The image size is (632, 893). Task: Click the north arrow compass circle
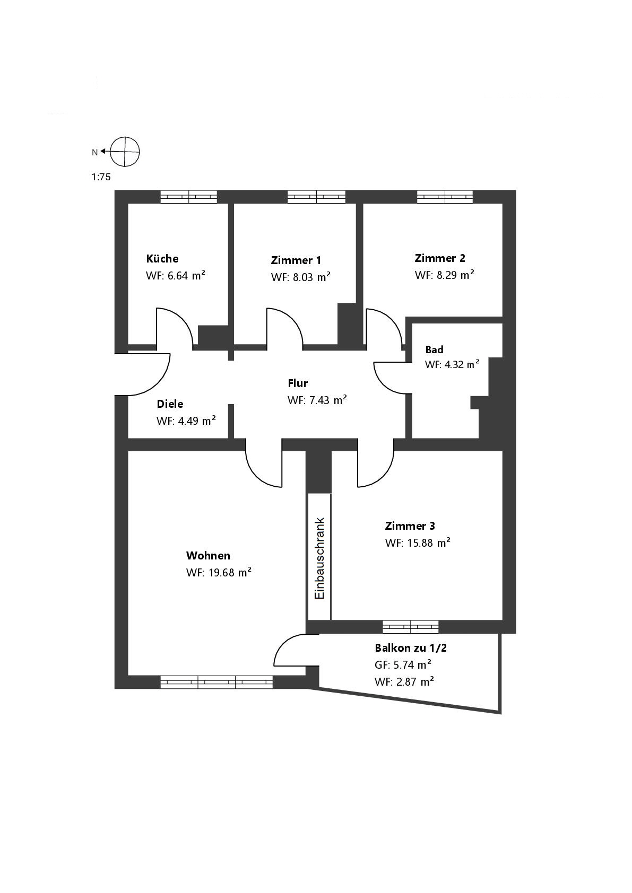pyautogui.click(x=125, y=152)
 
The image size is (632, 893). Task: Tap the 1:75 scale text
pyautogui.click(x=101, y=177)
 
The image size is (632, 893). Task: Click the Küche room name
pyautogui.click(x=162, y=259)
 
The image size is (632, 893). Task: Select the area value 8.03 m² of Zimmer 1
pyautogui.click(x=301, y=277)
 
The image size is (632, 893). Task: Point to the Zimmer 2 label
pyautogui.click(x=439, y=258)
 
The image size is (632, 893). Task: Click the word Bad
pyautogui.click(x=434, y=349)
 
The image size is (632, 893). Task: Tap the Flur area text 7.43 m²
pyautogui.click(x=317, y=400)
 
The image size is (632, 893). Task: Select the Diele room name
pyautogui.click(x=170, y=404)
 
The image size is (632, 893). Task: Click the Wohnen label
pyautogui.click(x=208, y=556)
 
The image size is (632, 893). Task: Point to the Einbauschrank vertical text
pyautogui.click(x=319, y=558)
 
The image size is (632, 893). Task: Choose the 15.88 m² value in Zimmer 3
pyautogui.click(x=418, y=543)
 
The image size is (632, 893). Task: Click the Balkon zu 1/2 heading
pyautogui.click(x=407, y=648)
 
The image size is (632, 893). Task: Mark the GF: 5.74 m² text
pyautogui.click(x=403, y=665)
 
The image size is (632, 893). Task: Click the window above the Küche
pyautogui.click(x=189, y=197)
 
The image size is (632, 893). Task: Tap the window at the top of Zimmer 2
pyautogui.click(x=445, y=197)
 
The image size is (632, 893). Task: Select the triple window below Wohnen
pyautogui.click(x=217, y=682)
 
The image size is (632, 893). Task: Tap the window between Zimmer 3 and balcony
pyautogui.click(x=411, y=627)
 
